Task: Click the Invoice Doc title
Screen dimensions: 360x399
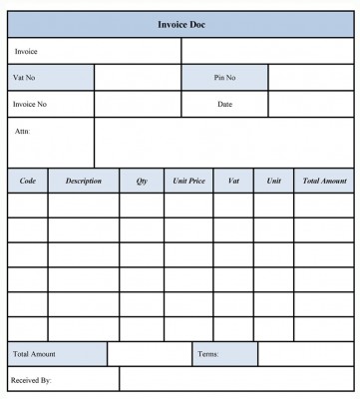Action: click(x=181, y=23)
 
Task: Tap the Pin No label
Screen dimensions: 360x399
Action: click(x=223, y=77)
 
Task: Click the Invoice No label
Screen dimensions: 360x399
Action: click(x=30, y=103)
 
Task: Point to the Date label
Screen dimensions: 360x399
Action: click(x=224, y=103)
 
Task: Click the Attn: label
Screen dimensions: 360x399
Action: click(x=21, y=131)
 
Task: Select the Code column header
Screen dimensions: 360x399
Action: click(x=27, y=181)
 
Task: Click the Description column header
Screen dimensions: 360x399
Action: click(x=83, y=181)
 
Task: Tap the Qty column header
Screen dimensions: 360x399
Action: click(x=141, y=181)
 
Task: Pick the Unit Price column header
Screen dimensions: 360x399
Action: click(x=187, y=181)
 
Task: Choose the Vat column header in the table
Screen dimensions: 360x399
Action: click(x=233, y=181)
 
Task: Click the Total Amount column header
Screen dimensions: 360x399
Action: click(x=324, y=181)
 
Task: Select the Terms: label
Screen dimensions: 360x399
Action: click(x=208, y=354)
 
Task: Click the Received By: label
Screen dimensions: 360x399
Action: click(x=31, y=380)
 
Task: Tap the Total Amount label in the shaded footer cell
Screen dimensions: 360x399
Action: click(x=34, y=354)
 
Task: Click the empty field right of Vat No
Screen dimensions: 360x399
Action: click(x=138, y=78)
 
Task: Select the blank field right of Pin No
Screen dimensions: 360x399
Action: click(x=311, y=78)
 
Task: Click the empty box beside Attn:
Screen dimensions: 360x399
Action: click(x=224, y=143)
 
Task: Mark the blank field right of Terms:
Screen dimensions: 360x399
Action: click(x=306, y=354)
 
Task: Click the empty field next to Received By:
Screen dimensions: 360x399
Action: click(x=236, y=379)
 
